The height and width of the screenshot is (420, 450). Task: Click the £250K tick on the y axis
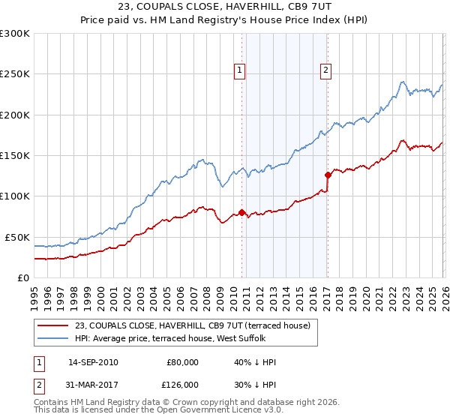pos(16,74)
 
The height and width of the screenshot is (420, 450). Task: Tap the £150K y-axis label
pos(16,155)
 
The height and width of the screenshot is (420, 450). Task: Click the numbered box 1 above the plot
pos(239,71)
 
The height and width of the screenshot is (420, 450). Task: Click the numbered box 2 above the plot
pos(326,71)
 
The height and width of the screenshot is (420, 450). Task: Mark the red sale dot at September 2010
pos(241,212)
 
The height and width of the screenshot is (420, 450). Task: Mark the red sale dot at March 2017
pos(328,175)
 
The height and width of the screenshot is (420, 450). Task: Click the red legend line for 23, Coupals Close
pos(52,325)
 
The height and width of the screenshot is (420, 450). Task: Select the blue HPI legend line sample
pos(52,337)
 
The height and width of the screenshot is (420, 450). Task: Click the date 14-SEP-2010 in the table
pos(92,362)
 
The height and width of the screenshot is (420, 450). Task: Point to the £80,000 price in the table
pos(182,362)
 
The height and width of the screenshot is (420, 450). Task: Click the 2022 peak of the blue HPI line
pos(403,82)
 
